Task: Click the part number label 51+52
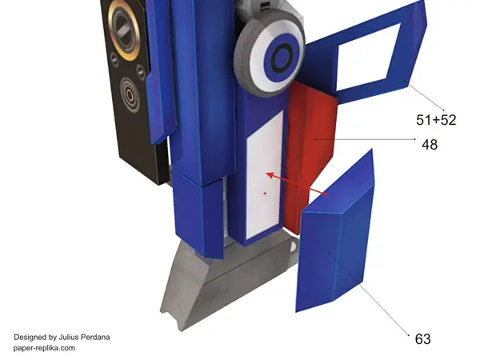coord(436,120)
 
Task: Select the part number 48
coord(430,145)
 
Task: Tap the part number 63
coord(422,339)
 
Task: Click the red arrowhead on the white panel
coord(270,175)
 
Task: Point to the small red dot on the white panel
coord(265,193)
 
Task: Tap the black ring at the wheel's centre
coord(282,58)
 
